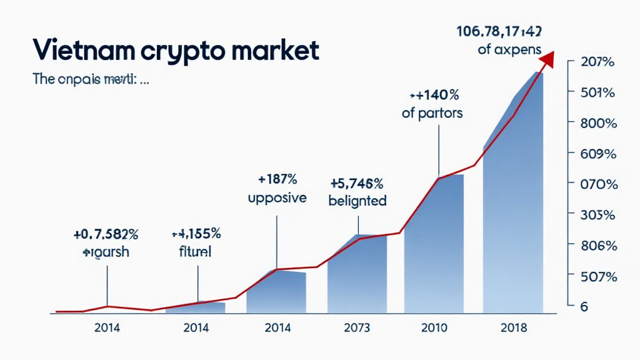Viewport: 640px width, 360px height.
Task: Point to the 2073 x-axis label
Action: point(357,327)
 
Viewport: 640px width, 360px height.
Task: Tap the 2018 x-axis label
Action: point(514,327)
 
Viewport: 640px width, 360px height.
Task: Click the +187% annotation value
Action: point(277,180)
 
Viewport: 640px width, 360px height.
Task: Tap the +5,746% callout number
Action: point(357,184)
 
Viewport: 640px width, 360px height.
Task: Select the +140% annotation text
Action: point(434,96)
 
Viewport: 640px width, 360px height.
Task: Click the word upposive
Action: point(277,198)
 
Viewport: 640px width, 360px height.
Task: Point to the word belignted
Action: point(357,201)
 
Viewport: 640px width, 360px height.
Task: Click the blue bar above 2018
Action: point(514,219)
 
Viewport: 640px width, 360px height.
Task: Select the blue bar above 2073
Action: point(357,275)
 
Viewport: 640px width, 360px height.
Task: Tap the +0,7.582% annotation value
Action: point(106,235)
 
